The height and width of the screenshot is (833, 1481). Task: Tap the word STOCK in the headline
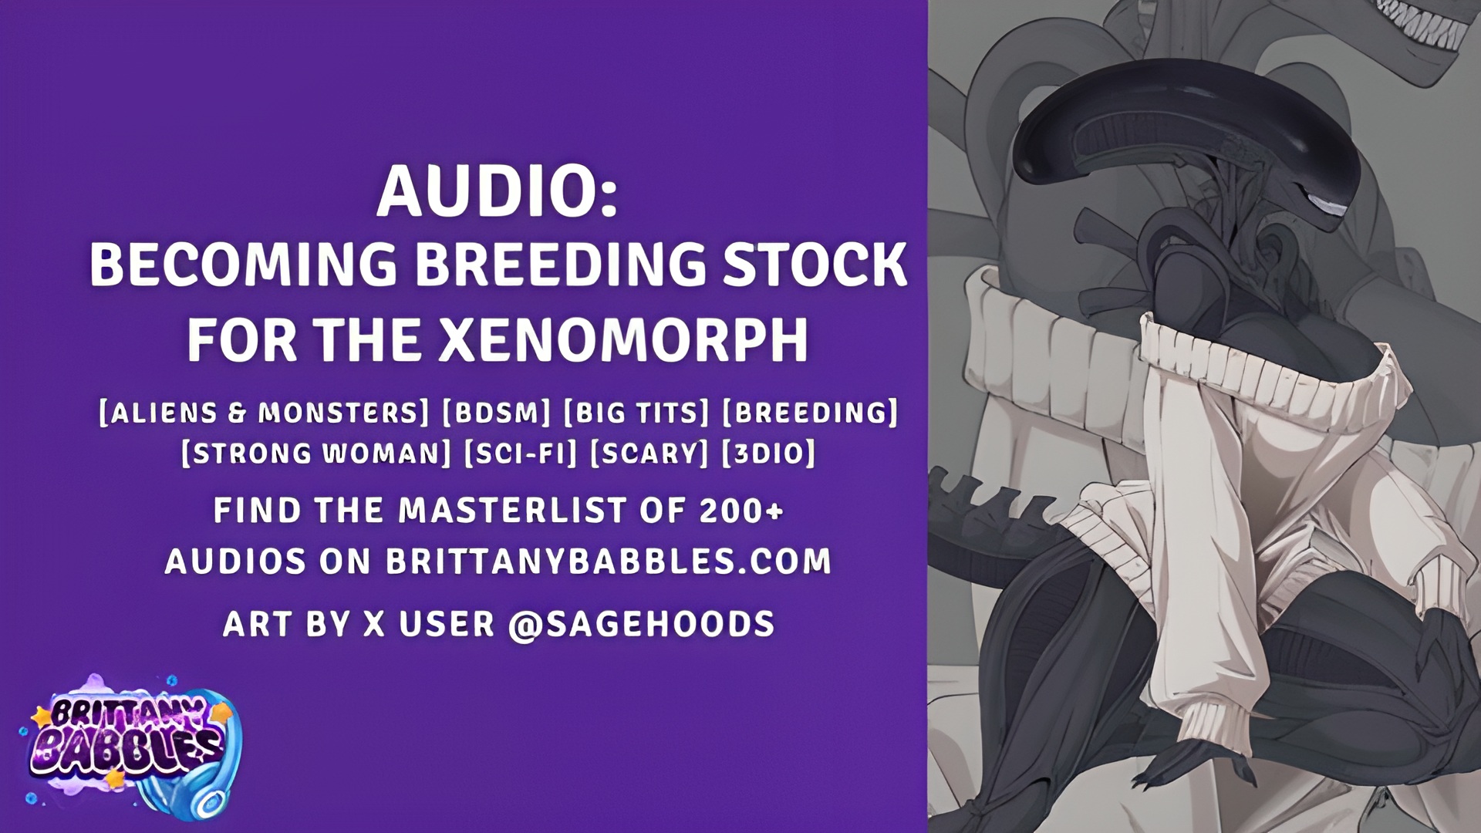coord(813,265)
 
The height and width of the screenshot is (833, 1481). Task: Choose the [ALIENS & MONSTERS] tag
coord(264,413)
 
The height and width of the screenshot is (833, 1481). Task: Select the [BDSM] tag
coord(496,413)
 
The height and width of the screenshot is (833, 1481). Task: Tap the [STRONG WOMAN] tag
coord(316,453)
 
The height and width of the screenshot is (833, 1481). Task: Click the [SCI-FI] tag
coord(521,453)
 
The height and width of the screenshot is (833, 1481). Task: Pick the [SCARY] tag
coord(649,453)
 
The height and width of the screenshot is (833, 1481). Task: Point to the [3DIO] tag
coord(768,453)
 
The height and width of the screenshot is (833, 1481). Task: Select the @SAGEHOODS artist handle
coord(642,624)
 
